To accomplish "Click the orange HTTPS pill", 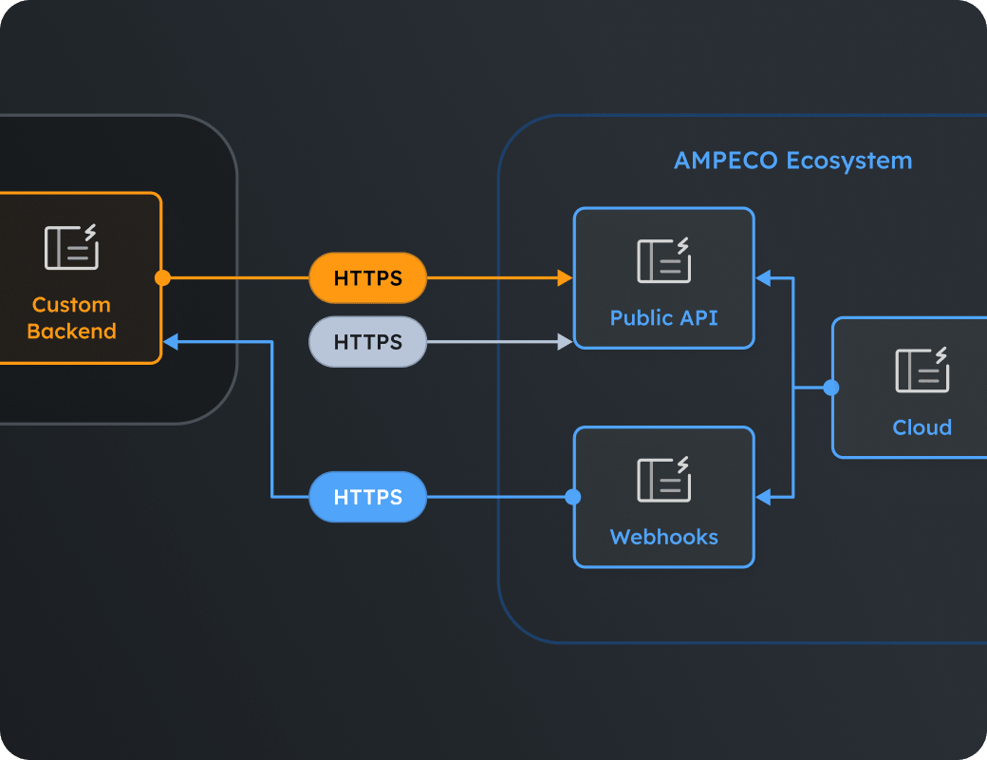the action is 367,278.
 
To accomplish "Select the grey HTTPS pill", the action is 367,342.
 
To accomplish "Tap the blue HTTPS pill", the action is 367,497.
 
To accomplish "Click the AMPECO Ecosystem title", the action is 793,161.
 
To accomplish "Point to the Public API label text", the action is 664,317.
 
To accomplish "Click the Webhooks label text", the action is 664,537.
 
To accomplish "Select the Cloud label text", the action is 922,427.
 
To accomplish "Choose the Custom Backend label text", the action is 72,317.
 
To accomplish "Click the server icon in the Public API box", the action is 664,260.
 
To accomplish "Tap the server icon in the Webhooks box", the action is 664,479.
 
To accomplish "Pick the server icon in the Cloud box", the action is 922,370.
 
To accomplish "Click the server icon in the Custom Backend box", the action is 72,246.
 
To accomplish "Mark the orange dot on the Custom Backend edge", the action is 162,278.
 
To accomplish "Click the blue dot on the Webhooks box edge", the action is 573,497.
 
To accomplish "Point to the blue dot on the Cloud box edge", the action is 831,388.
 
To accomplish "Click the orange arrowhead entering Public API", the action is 566,278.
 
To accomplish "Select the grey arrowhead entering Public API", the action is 566,342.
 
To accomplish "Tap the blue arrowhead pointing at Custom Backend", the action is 171,342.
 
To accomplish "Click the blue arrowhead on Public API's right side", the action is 763,278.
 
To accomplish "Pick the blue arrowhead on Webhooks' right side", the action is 763,497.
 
